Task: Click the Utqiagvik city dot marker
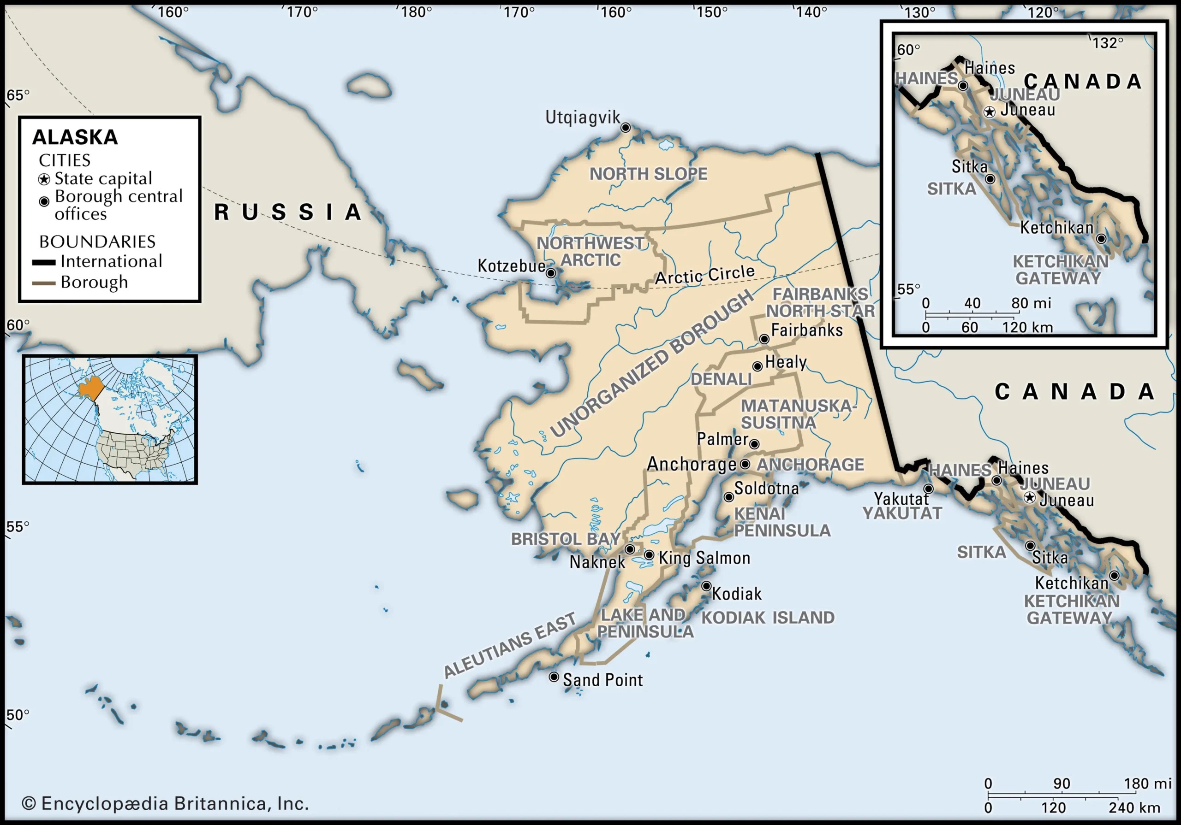[x=626, y=128]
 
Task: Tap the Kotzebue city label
[x=511, y=266]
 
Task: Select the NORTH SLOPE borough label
[x=648, y=174]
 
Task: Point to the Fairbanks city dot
[x=764, y=339]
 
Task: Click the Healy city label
[x=786, y=362]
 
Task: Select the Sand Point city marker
[x=554, y=677]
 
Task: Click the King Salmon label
[x=704, y=558]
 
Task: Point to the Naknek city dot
[x=630, y=549]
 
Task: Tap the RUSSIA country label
[x=288, y=212]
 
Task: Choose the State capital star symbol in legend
[x=44, y=179]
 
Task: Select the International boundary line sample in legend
[x=44, y=262]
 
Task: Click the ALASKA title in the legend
[x=75, y=137]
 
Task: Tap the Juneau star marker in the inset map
[x=990, y=112]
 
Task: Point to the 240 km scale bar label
[x=1134, y=807]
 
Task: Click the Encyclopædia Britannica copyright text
[x=165, y=803]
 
